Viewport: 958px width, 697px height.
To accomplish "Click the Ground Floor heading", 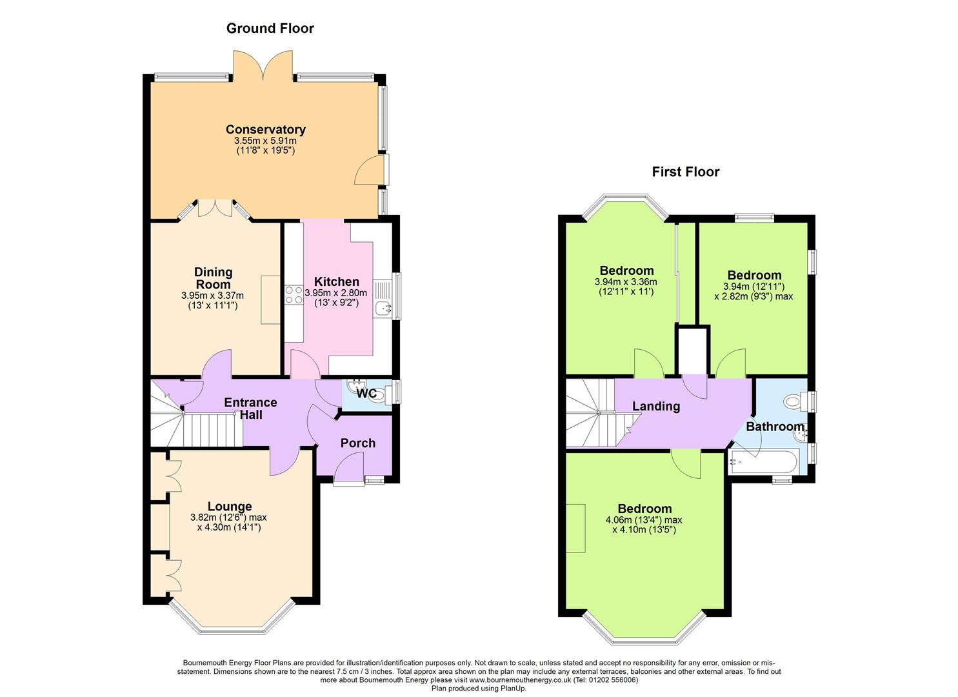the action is (270, 28).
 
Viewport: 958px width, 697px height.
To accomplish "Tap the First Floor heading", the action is (686, 172).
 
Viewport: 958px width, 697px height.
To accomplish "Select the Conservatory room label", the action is (266, 129).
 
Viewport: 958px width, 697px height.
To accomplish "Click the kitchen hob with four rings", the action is (294, 295).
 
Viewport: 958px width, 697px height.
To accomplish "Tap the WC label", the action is (366, 393).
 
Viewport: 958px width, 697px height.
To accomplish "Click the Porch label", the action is (358, 443).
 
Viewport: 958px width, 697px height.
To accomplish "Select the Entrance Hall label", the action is (250, 408).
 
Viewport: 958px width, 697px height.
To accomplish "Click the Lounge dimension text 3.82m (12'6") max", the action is (229, 518).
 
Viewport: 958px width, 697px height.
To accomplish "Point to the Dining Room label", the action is (214, 278).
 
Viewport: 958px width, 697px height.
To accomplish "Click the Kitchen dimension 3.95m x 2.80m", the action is (336, 293).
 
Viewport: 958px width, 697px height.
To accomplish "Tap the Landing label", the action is (656, 406).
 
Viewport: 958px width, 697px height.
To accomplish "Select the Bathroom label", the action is (775, 427).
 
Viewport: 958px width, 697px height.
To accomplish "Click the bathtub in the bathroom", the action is (763, 462).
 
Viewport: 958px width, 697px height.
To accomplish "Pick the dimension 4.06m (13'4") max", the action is (644, 520).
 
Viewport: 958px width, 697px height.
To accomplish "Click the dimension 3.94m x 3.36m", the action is (626, 282).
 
